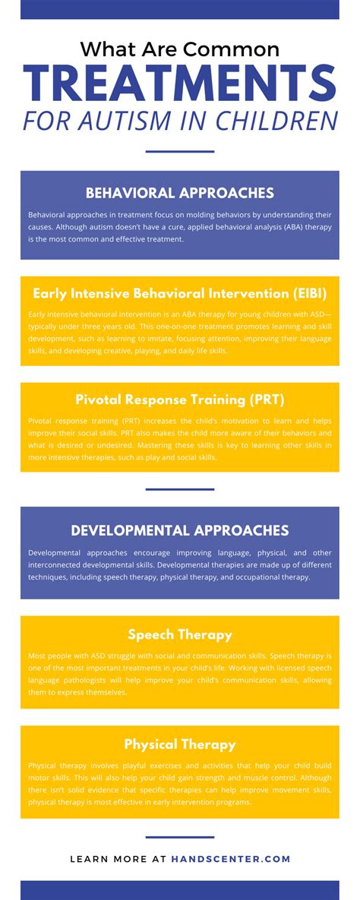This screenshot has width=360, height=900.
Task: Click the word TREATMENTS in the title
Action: click(x=180, y=83)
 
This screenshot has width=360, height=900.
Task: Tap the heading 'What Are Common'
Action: click(x=180, y=49)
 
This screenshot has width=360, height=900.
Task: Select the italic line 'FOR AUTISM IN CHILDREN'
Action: click(x=180, y=121)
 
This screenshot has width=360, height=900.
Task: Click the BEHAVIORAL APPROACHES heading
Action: click(x=180, y=193)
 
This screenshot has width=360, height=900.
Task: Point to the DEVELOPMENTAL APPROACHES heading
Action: click(x=180, y=530)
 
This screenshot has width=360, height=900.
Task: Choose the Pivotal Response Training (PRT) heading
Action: click(x=180, y=399)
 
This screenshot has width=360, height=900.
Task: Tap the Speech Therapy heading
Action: click(x=180, y=635)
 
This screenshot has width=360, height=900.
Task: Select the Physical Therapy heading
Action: click(x=180, y=744)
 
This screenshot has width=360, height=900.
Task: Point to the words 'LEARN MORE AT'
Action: click(x=118, y=859)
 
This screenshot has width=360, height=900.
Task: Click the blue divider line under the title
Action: click(x=180, y=152)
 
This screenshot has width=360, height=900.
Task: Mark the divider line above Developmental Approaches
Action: click(x=180, y=489)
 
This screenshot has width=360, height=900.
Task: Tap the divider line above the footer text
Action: click(x=180, y=838)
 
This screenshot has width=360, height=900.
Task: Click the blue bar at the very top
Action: click(x=180, y=9)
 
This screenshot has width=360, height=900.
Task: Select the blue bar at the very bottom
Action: click(x=180, y=890)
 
